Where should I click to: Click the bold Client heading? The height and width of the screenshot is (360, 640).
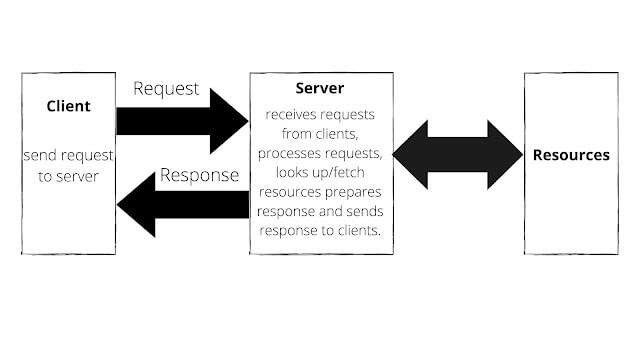[69, 106]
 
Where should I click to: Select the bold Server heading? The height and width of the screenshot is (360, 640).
[320, 90]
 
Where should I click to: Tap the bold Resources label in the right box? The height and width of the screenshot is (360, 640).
[570, 155]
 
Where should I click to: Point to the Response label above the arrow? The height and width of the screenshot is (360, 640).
[201, 175]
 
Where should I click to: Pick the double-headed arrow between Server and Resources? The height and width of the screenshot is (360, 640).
[457, 155]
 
